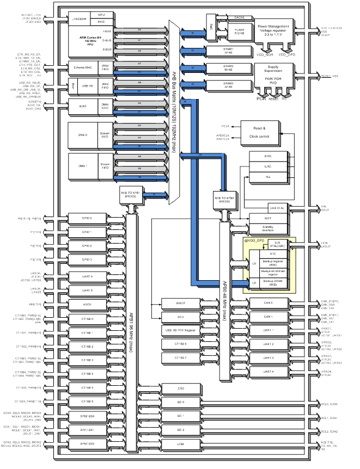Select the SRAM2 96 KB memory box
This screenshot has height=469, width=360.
[228, 68]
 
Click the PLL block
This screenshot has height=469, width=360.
[267, 177]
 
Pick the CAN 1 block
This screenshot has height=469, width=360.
[268, 316]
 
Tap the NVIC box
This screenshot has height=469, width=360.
[102, 22]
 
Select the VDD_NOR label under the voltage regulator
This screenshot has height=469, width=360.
[265, 55]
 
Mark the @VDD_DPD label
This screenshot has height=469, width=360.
[254, 240]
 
